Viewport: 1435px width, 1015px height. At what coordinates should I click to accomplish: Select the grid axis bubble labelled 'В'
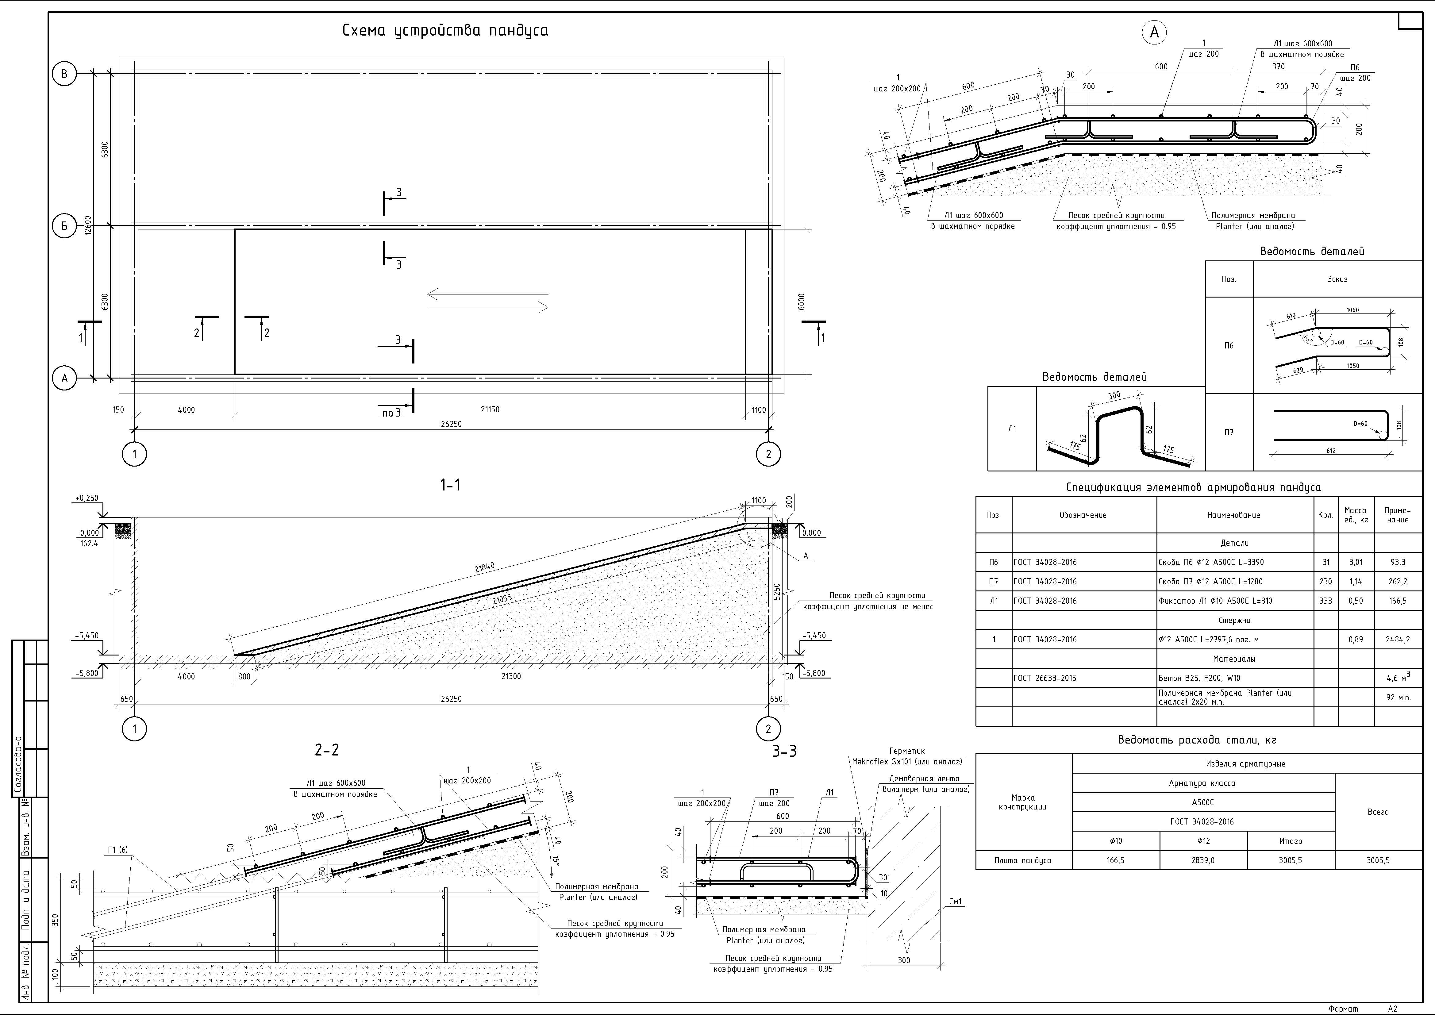click(x=64, y=74)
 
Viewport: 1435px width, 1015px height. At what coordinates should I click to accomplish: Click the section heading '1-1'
click(x=450, y=484)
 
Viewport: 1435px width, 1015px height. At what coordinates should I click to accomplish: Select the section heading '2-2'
click(x=327, y=749)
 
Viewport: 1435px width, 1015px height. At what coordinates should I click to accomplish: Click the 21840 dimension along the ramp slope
click(x=484, y=567)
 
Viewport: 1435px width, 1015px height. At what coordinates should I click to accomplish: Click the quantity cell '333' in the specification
click(x=1325, y=601)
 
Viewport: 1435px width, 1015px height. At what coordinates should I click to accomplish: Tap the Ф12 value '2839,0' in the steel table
click(x=1203, y=860)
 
